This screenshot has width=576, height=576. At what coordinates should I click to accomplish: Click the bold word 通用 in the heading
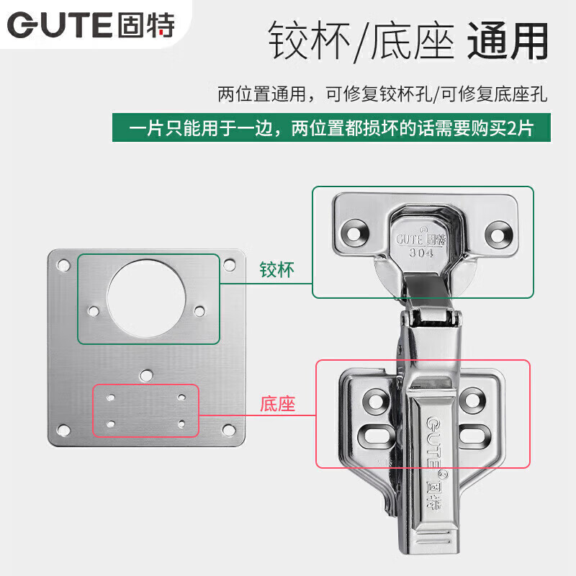(x=508, y=42)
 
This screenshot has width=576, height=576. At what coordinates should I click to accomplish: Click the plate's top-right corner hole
(x=230, y=264)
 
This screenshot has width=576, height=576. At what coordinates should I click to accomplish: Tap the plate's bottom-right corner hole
(x=230, y=431)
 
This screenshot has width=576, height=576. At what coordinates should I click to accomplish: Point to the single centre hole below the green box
(x=147, y=375)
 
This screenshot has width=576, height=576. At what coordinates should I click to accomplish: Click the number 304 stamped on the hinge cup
(x=421, y=253)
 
